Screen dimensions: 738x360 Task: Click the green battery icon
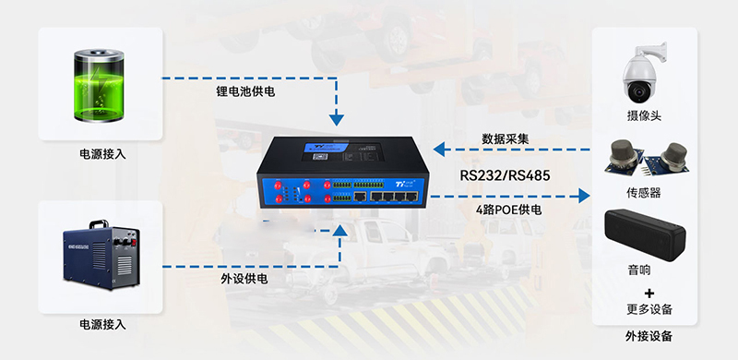[100, 85]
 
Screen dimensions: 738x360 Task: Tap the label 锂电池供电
[245, 91]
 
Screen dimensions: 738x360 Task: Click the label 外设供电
[244, 279]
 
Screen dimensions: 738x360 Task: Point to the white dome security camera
[642, 73]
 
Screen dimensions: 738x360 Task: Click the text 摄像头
[644, 115]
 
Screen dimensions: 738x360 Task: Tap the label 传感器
[644, 192]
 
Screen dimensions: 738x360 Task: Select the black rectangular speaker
[644, 234]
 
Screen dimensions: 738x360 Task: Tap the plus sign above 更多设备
[649, 294]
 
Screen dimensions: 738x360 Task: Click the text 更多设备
[649, 309]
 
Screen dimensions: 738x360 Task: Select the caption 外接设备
[649, 336]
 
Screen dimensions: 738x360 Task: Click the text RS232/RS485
[505, 175]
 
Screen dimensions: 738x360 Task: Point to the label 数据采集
[505, 139]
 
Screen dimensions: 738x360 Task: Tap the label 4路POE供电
[509, 210]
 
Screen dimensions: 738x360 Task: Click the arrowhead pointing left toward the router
[439, 150]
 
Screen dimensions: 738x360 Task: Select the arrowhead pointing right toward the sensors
[584, 196]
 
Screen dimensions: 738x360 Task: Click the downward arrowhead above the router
[337, 120]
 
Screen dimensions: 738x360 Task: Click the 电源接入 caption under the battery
[102, 154]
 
